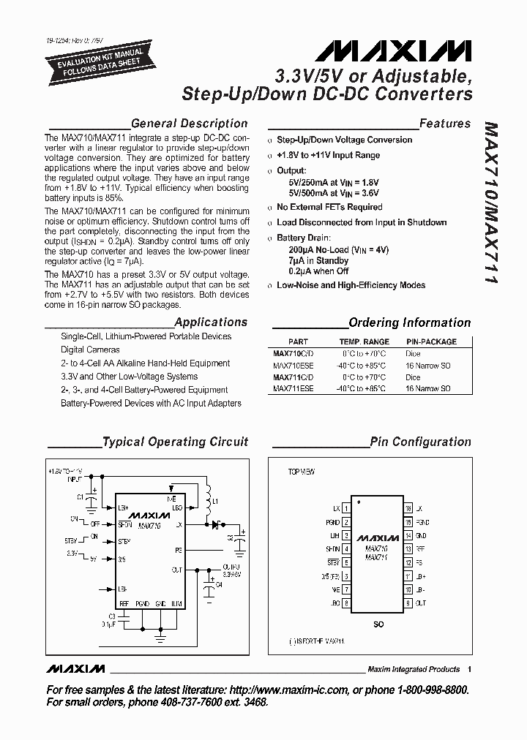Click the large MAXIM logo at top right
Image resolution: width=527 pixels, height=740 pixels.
pos(394,51)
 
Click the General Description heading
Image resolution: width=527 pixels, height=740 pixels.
pos(189,124)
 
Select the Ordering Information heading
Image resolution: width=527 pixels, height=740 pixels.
pos(409,322)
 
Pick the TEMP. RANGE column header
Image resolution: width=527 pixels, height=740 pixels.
pos(364,341)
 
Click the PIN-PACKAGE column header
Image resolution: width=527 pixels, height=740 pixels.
pos(431,341)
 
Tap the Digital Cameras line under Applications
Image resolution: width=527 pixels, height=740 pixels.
pos(90,350)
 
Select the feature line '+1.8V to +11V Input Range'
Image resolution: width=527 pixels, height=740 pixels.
pos(328,155)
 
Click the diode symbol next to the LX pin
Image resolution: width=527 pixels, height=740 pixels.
pos(217,524)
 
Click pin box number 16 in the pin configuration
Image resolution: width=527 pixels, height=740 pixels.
pos(408,507)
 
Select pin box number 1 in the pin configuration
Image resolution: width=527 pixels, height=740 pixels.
pos(346,507)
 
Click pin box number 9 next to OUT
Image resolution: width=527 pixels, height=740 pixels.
pos(408,603)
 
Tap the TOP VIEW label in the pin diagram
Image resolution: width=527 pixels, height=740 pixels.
pos(301,472)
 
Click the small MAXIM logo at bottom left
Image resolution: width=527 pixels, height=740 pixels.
pos(75,668)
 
